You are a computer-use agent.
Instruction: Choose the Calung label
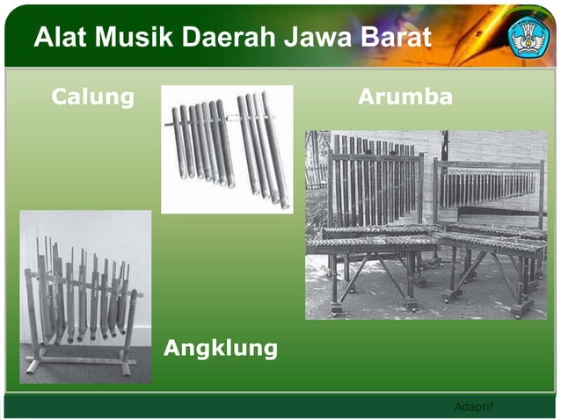93,97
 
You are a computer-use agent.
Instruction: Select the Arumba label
405,97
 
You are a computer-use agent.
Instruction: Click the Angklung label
221,349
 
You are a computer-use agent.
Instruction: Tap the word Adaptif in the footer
474,405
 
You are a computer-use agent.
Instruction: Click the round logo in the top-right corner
528,36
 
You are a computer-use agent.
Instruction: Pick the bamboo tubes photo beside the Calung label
227,148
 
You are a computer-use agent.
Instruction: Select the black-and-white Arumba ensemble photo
426,224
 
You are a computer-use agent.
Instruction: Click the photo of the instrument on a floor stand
85,296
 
